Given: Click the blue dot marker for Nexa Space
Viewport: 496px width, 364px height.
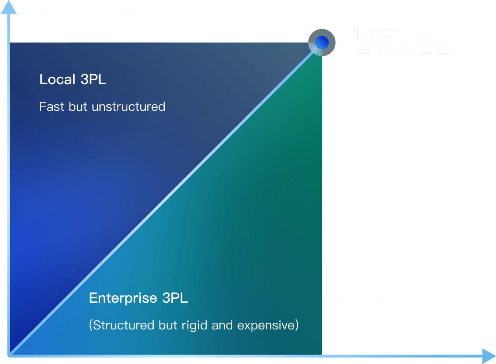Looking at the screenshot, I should (x=321, y=42).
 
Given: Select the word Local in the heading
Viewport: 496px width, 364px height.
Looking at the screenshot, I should (x=57, y=79).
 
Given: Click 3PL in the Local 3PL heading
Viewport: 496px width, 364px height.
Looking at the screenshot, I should (x=93, y=79).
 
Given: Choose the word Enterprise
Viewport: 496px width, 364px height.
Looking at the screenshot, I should (x=123, y=298).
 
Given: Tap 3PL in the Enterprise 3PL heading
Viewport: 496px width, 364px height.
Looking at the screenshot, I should (x=175, y=298).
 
